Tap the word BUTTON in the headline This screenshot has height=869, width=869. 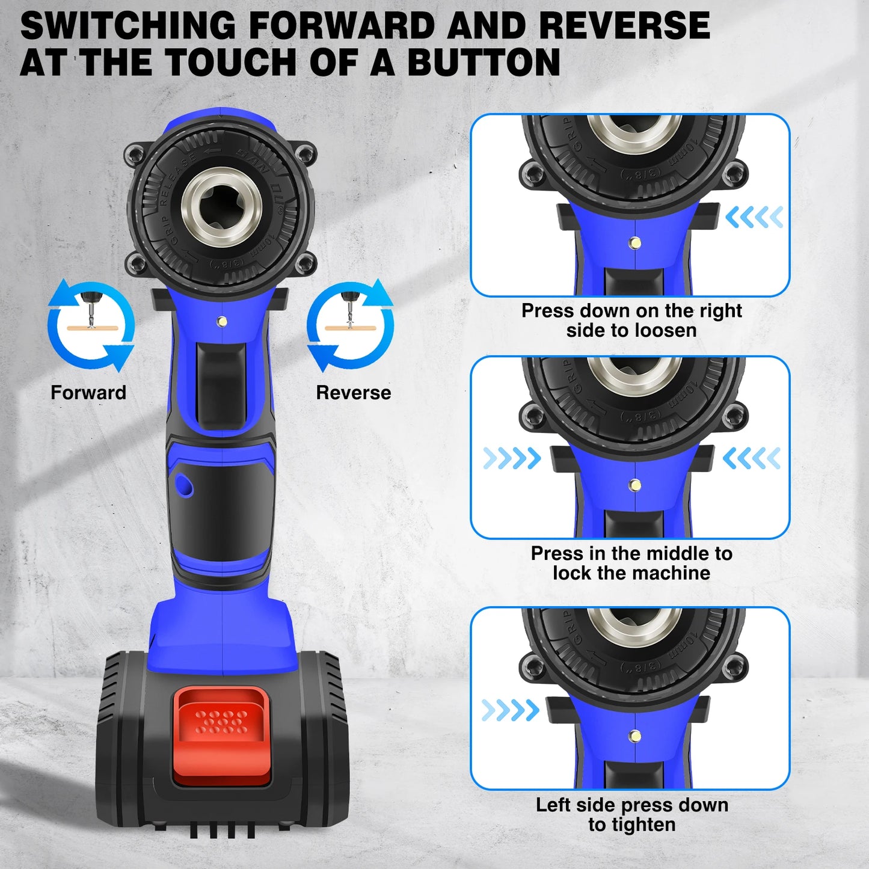tap(484, 63)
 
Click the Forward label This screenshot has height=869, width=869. tap(88, 393)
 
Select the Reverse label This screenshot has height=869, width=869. tap(354, 393)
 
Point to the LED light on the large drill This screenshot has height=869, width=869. tap(222, 322)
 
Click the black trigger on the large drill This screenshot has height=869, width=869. tap(221, 385)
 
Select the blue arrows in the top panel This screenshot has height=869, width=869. tap(754, 217)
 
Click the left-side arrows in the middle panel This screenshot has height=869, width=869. tap(512, 458)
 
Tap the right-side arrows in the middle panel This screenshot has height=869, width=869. tap(752, 458)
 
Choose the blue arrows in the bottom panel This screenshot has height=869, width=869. tap(510, 710)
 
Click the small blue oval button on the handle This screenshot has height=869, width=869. tap(183, 484)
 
